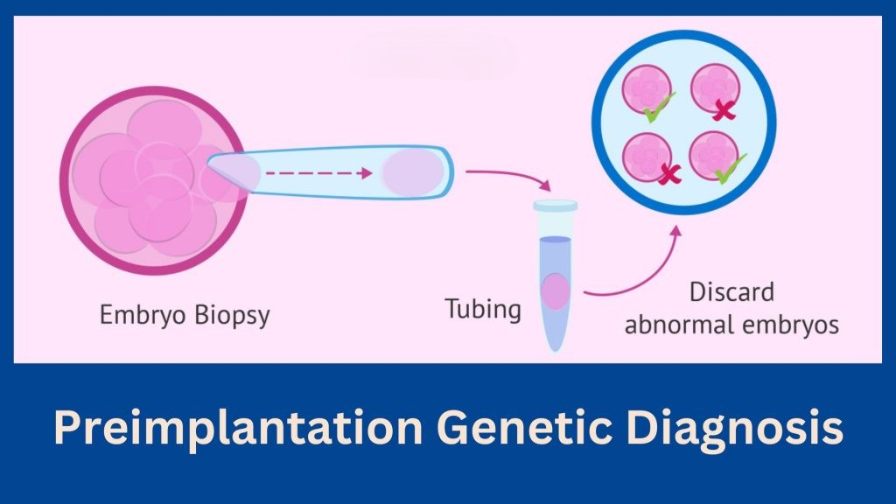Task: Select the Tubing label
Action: click(x=483, y=309)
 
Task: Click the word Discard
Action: click(x=731, y=292)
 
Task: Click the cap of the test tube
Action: click(x=556, y=206)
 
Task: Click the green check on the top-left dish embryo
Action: click(x=658, y=108)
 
